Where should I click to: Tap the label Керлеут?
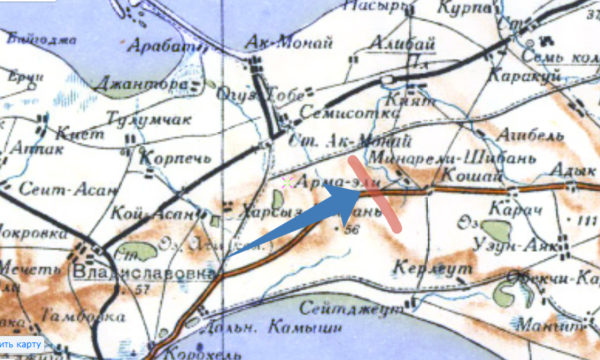point(422,268)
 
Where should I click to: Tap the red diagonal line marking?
point(376,194)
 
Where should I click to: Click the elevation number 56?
point(353,229)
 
